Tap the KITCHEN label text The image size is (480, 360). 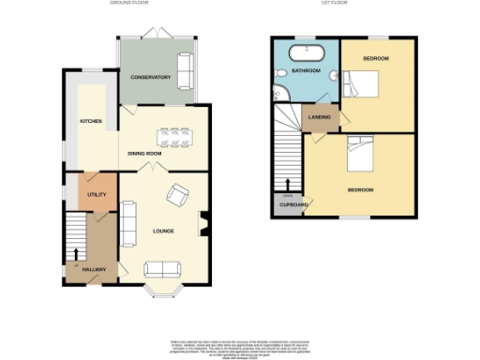click(91, 121)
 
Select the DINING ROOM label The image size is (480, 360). click(144, 152)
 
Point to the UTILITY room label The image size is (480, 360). click(97, 194)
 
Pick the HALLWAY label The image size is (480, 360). click(93, 269)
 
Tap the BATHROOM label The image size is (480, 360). click(307, 71)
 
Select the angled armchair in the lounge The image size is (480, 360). click(177, 195)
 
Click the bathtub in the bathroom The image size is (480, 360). click(306, 50)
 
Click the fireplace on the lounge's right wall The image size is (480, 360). click(204, 225)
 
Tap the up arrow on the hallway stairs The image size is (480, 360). click(76, 253)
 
